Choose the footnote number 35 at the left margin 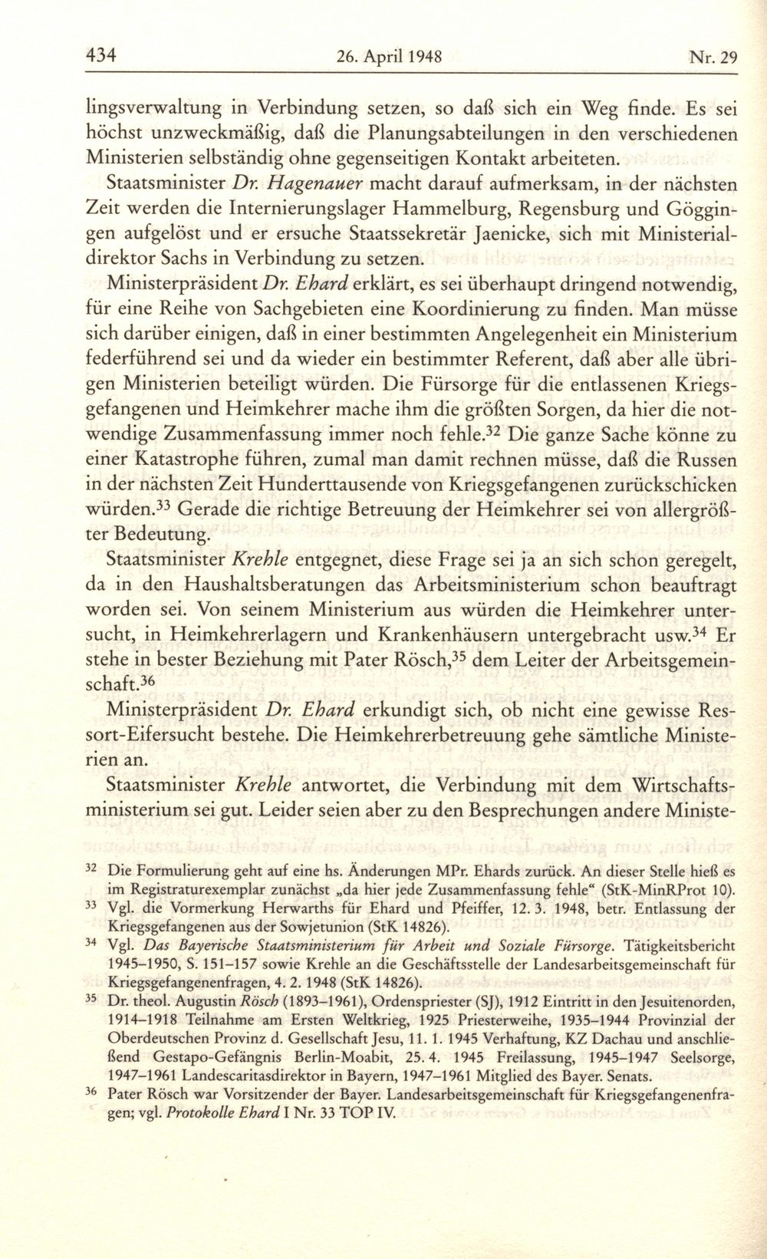[91, 999]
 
